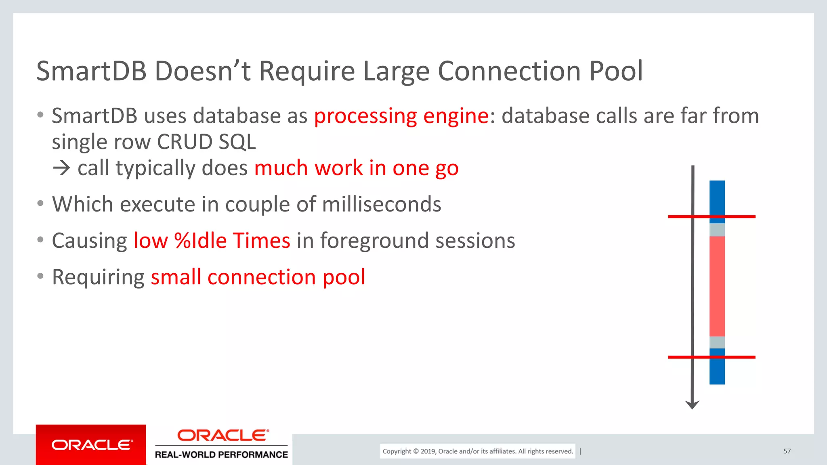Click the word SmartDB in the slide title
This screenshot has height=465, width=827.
coord(91,71)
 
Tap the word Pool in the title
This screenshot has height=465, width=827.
coord(616,71)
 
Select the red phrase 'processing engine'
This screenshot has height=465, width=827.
coord(401,116)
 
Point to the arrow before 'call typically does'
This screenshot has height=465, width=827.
coord(61,168)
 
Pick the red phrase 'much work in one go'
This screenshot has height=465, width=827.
coord(356,168)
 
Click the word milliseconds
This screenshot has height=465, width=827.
coord(381,204)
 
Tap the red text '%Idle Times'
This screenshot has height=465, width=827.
coord(232,241)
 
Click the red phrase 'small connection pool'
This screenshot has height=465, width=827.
coord(258,277)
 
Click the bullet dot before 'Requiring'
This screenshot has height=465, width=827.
coord(40,276)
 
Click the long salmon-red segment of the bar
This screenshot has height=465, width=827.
coord(717,286)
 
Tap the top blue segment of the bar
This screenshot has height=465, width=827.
coord(717,198)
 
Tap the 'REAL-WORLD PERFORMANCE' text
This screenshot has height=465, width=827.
coord(221,455)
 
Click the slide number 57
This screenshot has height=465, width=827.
coord(787,451)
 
